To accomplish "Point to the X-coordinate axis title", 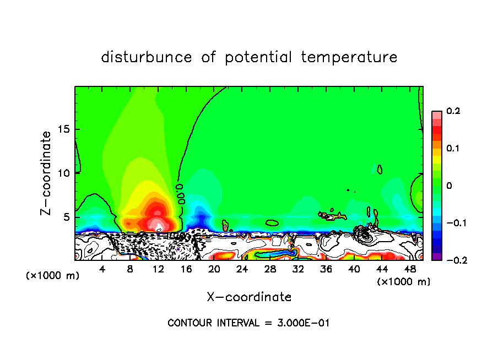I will pos(249,297).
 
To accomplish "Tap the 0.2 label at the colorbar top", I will pos(453,111).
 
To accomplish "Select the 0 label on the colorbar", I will pos(450,186).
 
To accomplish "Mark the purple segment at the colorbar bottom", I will pos(436,257).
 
